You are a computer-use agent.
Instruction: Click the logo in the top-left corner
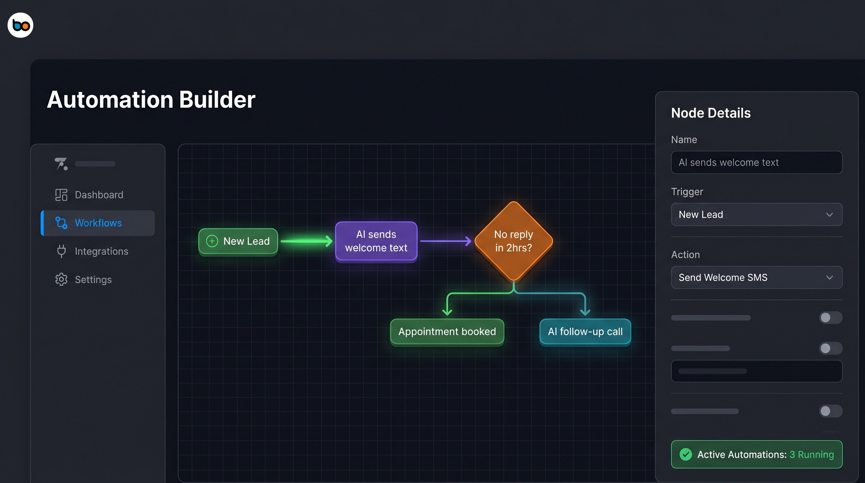(20, 25)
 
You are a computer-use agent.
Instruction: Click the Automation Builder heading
(151, 99)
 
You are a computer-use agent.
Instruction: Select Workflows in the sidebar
(98, 223)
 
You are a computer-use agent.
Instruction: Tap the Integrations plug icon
(61, 251)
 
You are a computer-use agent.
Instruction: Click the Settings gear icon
(61, 280)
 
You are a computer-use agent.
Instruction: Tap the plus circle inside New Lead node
(212, 241)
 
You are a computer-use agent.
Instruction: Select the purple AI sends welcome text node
(376, 241)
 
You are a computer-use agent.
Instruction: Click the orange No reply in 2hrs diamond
(513, 241)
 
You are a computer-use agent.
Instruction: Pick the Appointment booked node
(447, 331)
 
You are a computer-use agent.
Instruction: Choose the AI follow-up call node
(585, 331)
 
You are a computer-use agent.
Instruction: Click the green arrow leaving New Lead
(306, 241)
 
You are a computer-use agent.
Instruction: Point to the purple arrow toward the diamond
(445, 241)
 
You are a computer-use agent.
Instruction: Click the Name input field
(756, 163)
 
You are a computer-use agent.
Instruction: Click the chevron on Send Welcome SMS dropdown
(829, 278)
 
